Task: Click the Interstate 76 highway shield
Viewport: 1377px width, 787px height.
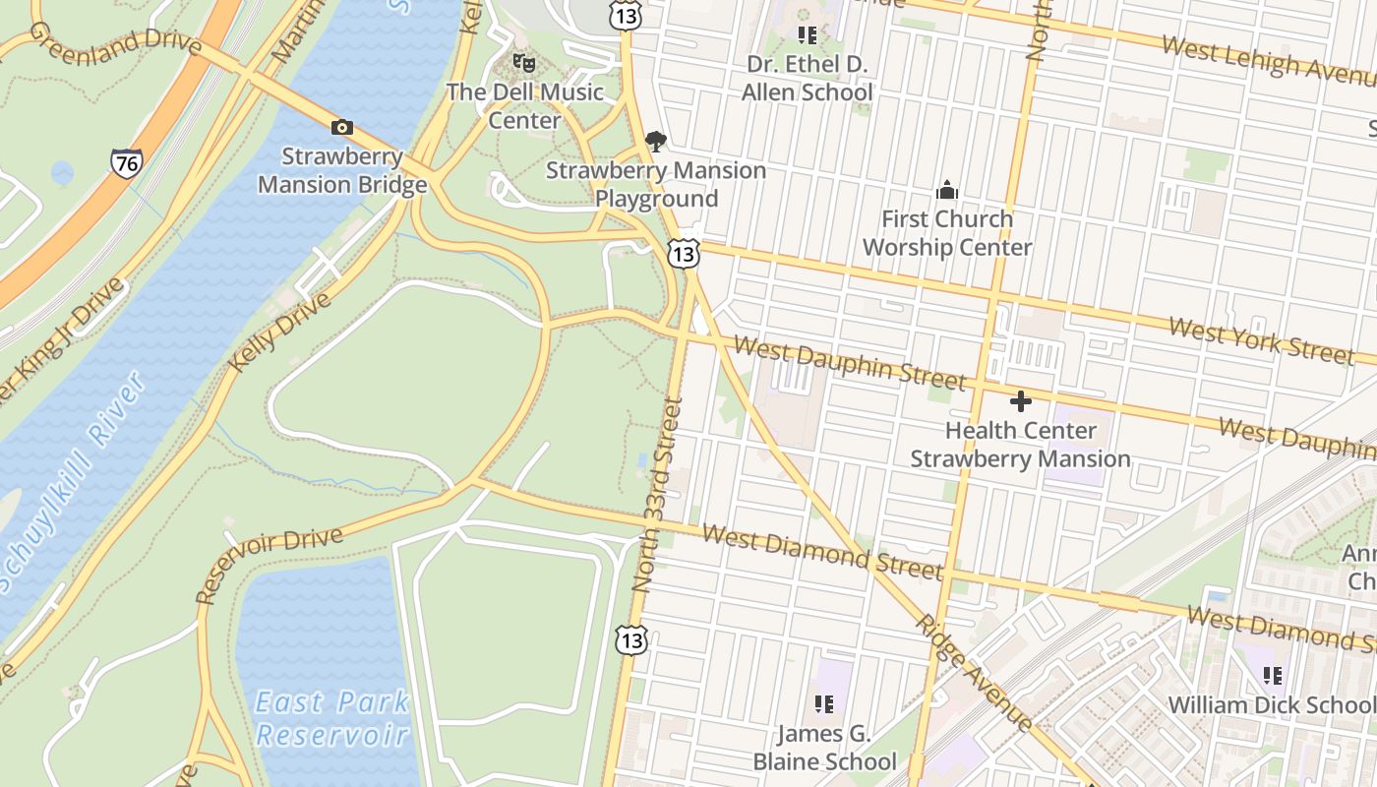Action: coord(126,162)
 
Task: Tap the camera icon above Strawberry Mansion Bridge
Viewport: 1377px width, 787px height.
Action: coord(342,127)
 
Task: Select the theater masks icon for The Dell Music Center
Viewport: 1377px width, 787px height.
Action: coord(524,64)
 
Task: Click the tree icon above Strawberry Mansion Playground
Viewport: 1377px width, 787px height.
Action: coord(656,142)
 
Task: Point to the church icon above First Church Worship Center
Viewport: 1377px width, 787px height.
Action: coord(947,190)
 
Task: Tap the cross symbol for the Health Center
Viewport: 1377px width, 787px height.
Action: coord(1021,401)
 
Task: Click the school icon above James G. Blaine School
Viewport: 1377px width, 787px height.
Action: coord(824,704)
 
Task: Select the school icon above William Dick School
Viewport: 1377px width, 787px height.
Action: coord(1273,676)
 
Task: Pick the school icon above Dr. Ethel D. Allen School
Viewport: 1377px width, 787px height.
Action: coord(808,36)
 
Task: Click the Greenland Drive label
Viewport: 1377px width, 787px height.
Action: coord(114,39)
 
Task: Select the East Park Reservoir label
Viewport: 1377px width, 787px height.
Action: coord(331,718)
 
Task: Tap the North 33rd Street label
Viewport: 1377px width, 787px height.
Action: coord(658,494)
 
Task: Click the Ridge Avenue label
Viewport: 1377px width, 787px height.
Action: coord(974,673)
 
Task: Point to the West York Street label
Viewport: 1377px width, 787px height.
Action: coord(1261,340)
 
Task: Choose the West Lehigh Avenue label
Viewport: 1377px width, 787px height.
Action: coord(1269,59)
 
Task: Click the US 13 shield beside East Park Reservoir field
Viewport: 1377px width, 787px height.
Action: coord(631,640)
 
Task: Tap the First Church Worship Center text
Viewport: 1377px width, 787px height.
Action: coord(947,233)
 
